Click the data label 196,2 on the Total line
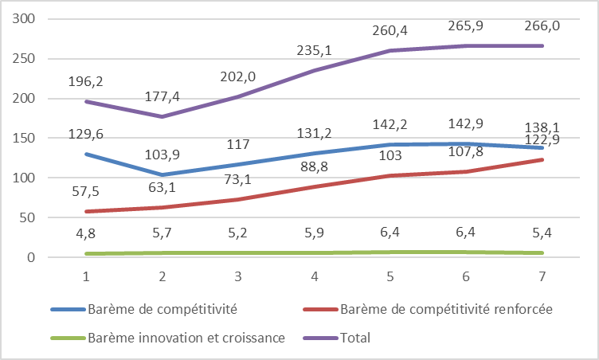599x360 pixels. tap(85, 81)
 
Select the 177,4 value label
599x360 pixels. tap(162, 96)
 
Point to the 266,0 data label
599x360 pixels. tap(542, 26)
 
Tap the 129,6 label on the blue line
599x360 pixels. tap(85, 134)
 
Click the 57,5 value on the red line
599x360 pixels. tap(85, 191)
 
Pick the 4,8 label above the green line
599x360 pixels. tap(85, 233)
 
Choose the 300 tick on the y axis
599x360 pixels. tap(23, 18)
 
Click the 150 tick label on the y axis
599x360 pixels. tap(23, 138)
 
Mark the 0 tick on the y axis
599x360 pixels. tap(30, 257)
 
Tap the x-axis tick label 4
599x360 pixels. tap(314, 276)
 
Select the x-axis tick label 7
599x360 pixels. tap(542, 276)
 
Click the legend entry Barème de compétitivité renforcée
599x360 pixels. tap(428, 309)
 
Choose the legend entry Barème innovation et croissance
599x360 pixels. tap(168, 338)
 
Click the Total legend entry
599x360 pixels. tap(337, 338)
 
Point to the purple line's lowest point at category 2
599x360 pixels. tap(162, 116)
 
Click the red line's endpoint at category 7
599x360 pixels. tap(542, 160)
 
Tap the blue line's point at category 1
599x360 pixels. tap(86, 154)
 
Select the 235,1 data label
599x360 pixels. tap(314, 50)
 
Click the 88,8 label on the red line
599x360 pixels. tap(314, 166)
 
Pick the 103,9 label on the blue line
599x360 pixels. tap(162, 155)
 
